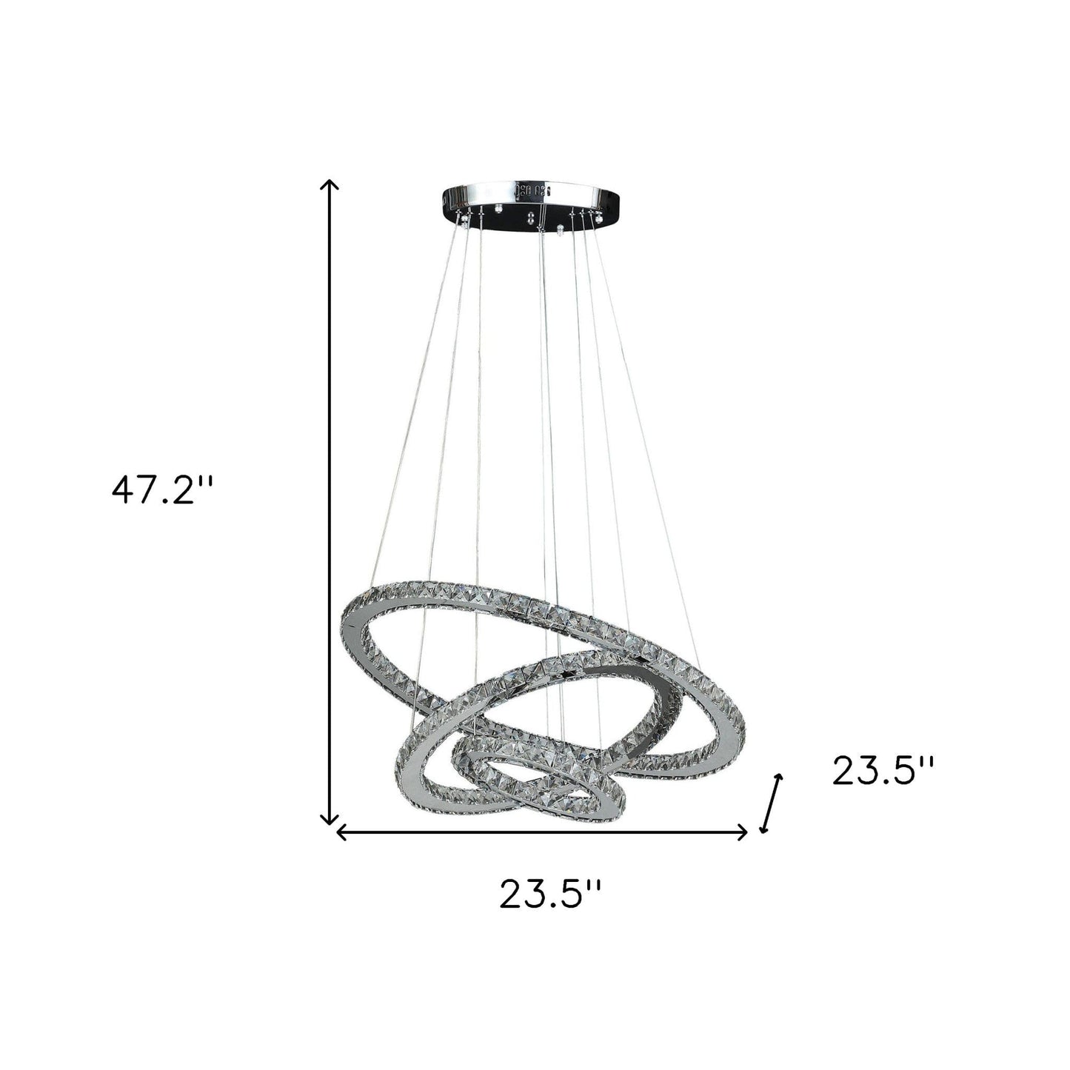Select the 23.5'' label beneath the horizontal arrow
[549, 894]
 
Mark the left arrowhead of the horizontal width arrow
[341, 833]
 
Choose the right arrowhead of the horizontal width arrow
[743, 833]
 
